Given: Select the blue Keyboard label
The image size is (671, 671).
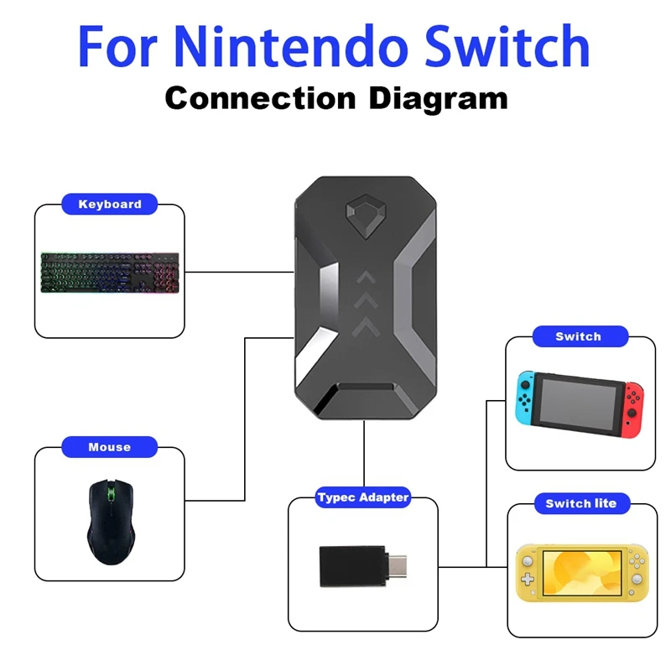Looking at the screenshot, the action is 110,204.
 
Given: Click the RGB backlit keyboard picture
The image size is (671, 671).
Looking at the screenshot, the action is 109,270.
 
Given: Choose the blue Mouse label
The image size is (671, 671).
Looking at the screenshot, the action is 109,447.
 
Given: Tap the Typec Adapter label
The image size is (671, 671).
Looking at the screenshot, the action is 363,497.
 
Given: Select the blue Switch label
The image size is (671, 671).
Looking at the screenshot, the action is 578,336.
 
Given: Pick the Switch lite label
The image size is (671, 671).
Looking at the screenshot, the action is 580,503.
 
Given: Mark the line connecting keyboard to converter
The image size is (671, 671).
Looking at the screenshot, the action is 239,271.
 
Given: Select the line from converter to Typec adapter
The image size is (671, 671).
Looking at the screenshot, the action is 365,457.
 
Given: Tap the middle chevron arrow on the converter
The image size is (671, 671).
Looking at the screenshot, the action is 366,299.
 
